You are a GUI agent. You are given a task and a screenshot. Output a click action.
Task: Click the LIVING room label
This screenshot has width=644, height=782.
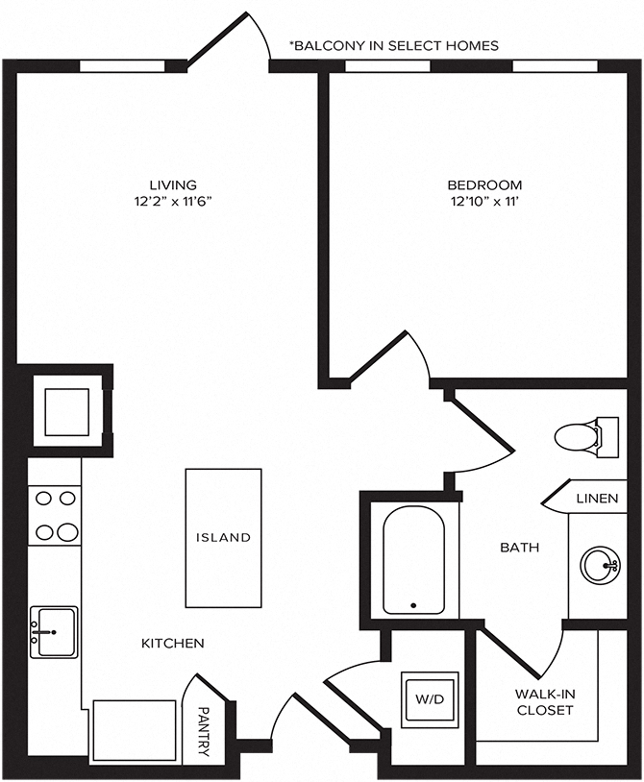[x=173, y=184]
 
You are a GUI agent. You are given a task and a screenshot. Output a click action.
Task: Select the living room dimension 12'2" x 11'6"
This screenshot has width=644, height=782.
[x=173, y=202]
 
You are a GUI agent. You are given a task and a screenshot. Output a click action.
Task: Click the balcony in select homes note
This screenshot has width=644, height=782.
[x=394, y=46]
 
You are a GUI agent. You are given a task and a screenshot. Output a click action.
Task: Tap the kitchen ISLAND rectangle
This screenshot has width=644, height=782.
[x=223, y=537]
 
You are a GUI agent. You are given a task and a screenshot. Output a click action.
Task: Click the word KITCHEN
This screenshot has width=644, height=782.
[x=173, y=643]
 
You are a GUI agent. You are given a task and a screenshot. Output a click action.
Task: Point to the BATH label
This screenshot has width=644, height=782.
[x=519, y=548]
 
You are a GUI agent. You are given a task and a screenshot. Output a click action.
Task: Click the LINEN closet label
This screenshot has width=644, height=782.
[x=596, y=499]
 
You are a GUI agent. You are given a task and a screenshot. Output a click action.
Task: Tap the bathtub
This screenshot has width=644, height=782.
[x=413, y=561]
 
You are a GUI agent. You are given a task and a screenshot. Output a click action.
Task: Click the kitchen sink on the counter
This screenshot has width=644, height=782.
[x=54, y=631]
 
